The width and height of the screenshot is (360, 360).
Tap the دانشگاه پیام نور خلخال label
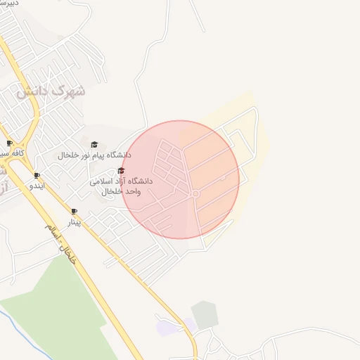[94, 154]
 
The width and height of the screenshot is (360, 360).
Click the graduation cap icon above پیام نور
[94, 145]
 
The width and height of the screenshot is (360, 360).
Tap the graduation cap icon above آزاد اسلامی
[121, 171]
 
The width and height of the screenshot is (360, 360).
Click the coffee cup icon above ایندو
[37, 176]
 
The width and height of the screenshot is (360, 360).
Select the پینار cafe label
[74, 221]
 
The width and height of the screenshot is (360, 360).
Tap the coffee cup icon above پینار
[74, 211]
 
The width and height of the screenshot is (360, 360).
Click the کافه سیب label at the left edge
[12, 153]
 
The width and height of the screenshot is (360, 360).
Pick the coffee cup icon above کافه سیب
[9, 143]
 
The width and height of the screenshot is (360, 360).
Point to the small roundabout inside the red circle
[195, 194]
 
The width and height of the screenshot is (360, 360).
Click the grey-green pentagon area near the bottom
[205, 315]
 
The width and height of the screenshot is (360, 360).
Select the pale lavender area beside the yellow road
[176, 327]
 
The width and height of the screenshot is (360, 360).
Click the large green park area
[63, 309]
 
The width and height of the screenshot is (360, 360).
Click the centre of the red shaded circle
[181, 179]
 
